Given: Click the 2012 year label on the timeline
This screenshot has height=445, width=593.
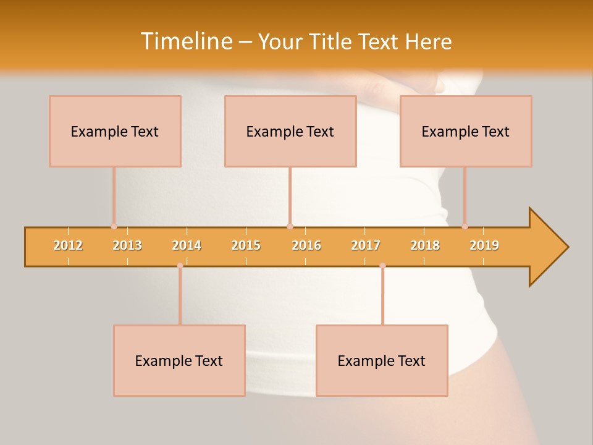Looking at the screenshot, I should pyautogui.click(x=68, y=245).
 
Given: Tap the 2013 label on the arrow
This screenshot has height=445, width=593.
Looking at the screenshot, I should pyautogui.click(x=127, y=245).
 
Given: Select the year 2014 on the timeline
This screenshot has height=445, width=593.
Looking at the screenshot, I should pyautogui.click(x=187, y=245).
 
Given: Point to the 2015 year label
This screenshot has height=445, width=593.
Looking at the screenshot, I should pyautogui.click(x=246, y=245).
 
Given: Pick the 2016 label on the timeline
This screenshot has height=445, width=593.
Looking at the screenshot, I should pyautogui.click(x=306, y=245).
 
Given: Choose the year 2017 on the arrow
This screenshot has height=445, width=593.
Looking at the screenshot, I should pyautogui.click(x=366, y=245).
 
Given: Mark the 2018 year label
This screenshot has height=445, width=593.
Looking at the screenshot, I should pyautogui.click(x=425, y=245).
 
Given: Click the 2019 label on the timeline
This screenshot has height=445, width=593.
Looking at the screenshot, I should pyautogui.click(x=484, y=245).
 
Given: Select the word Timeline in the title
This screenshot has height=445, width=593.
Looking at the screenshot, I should pyautogui.click(x=187, y=41).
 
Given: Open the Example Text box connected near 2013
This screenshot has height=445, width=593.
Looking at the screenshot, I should pyautogui.click(x=115, y=131).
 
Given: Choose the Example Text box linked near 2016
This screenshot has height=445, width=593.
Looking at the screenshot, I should pyautogui.click(x=290, y=131).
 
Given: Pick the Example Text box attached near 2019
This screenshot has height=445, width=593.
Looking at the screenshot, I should pyautogui.click(x=466, y=131).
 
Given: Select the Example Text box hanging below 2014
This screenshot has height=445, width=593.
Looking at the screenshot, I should pyautogui.click(x=179, y=360).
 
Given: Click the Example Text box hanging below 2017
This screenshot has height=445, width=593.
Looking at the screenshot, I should pyautogui.click(x=382, y=360).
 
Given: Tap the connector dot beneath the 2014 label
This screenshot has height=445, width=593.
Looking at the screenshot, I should pyautogui.click(x=180, y=266).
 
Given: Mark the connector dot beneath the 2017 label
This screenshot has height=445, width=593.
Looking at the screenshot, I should pyautogui.click(x=382, y=266).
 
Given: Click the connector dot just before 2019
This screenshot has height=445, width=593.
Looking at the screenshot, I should pyautogui.click(x=465, y=226).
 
